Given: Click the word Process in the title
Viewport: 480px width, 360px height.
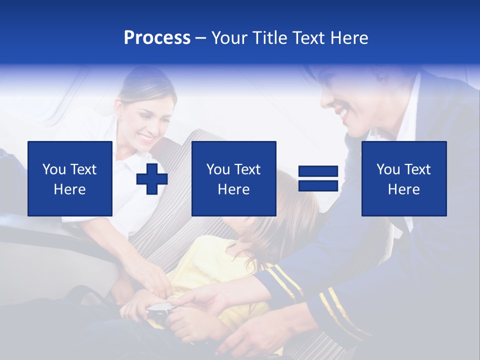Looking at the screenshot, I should tap(157, 38).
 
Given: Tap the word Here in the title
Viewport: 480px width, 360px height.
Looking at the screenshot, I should tap(349, 38).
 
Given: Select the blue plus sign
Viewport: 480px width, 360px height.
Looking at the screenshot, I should tap(152, 179).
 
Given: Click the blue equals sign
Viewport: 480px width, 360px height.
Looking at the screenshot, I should tap(318, 178).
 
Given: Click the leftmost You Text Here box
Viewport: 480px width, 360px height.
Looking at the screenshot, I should tap(70, 178).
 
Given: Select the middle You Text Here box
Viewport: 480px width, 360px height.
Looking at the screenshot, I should tap(233, 178).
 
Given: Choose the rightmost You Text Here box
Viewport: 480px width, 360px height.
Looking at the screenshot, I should tap(403, 178).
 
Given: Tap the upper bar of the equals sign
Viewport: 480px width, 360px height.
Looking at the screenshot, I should tap(318, 172).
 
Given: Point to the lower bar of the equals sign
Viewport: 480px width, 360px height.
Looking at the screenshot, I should tap(318, 185).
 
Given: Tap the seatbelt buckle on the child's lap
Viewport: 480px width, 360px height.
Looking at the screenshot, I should tap(158, 312).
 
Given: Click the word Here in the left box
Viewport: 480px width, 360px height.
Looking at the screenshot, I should tap(70, 189).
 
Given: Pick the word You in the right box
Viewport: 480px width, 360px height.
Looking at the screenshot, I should tap(387, 169).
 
